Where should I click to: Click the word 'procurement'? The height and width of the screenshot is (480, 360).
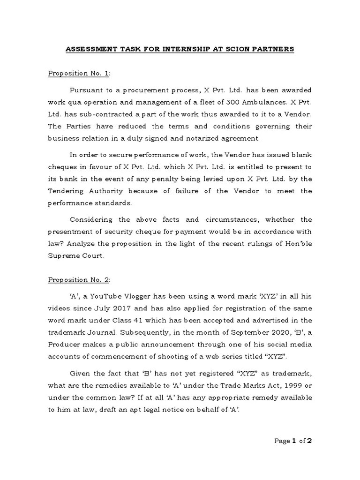point(145,90)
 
